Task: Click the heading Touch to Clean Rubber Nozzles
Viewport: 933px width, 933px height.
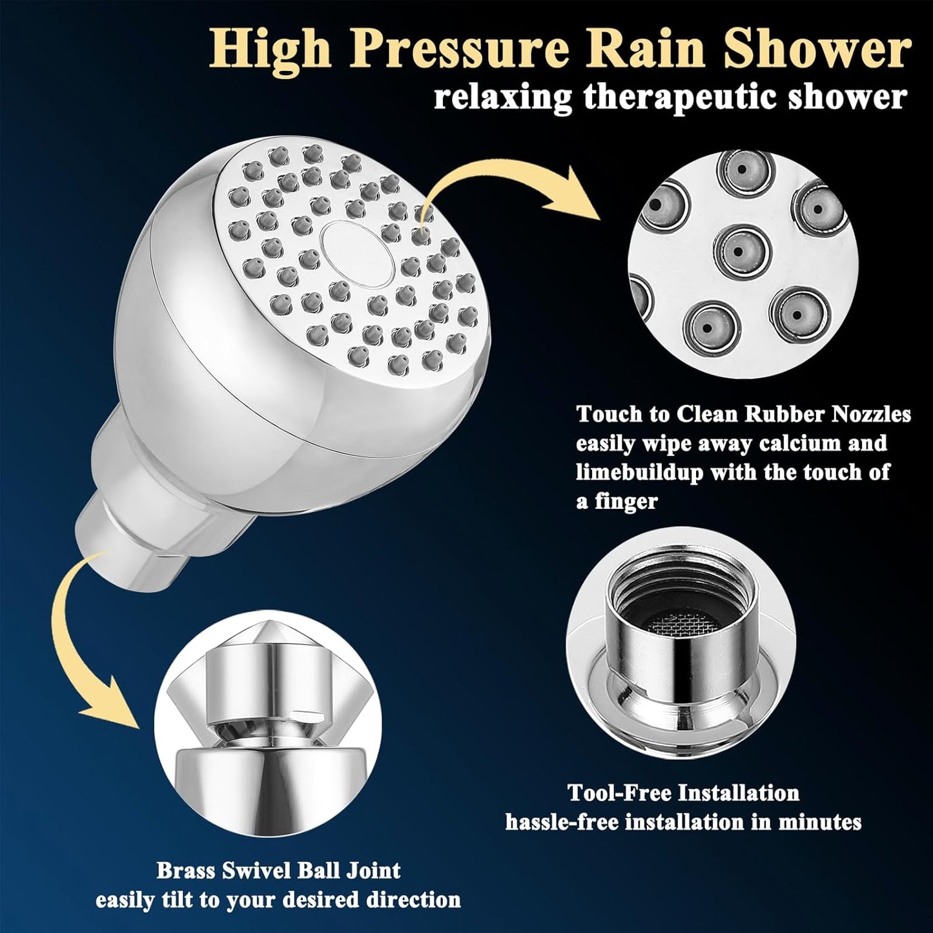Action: point(743,413)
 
